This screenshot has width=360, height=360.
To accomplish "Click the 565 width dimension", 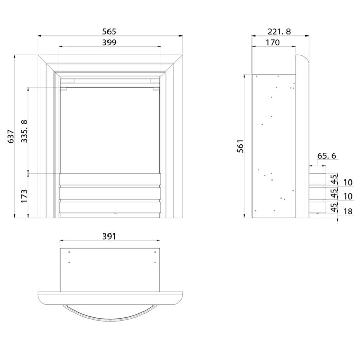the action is [109, 32].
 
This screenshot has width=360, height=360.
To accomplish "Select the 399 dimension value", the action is [109, 43].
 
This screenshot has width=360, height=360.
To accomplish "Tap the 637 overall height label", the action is [11, 137].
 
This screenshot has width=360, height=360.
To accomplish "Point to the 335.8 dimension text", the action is [24, 131].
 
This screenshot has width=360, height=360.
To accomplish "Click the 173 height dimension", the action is [24, 196].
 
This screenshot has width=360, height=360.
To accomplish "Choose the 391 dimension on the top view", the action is [109, 237].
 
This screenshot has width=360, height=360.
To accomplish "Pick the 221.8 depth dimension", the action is [279, 32].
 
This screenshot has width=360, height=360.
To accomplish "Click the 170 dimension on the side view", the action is [273, 43].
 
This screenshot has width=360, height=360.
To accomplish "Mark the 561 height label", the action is [240, 146].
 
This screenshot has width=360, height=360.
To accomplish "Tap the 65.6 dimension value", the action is [327, 156].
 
